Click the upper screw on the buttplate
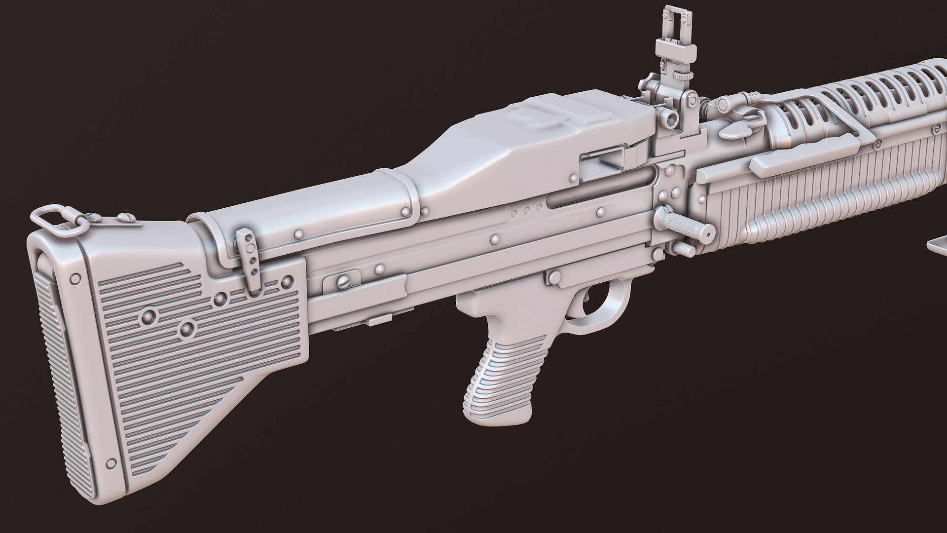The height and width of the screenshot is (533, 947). pos(75,278)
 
